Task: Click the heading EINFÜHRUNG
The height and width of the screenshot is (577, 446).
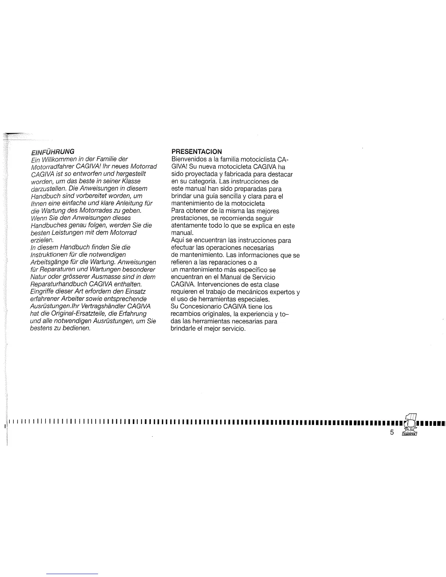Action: [53, 151]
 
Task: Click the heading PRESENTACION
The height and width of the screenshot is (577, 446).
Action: [196, 151]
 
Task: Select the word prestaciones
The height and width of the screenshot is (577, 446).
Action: [189, 218]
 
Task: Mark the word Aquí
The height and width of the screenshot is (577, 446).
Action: [177, 240]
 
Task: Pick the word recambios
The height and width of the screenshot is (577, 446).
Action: [185, 314]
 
